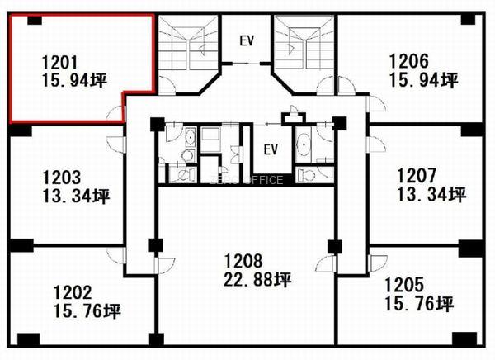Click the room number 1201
coord(59,62)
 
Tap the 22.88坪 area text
coord(257,279)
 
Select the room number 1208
coord(243,261)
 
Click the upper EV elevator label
coord(247,40)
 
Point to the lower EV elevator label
coord(271,149)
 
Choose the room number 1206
coord(409,61)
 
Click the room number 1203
coord(62,178)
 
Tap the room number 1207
coord(417,175)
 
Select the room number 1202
coord(73,292)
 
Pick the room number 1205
coord(403,284)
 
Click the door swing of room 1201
coord(115,113)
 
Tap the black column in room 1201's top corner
coord(35,20)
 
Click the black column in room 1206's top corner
coord(468,20)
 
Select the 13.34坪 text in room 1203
coord(76,197)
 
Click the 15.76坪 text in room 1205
coord(419,303)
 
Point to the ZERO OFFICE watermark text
coord(247,180)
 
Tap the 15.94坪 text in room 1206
coord(424,80)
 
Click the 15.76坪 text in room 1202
coord(87,311)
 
